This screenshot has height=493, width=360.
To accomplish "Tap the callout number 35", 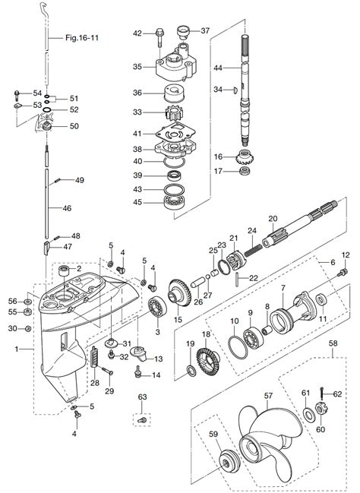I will pos(137,67).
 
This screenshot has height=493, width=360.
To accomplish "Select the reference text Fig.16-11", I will pos(82,36).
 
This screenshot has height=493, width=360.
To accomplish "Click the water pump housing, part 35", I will pos(175,70).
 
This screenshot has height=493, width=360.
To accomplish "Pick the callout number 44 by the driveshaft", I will pos(217,68).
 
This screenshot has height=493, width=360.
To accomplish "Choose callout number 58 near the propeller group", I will pos(333,344).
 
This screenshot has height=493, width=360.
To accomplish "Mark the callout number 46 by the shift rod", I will pos(67,207).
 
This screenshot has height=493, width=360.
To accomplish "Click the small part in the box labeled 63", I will pos(142,419).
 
